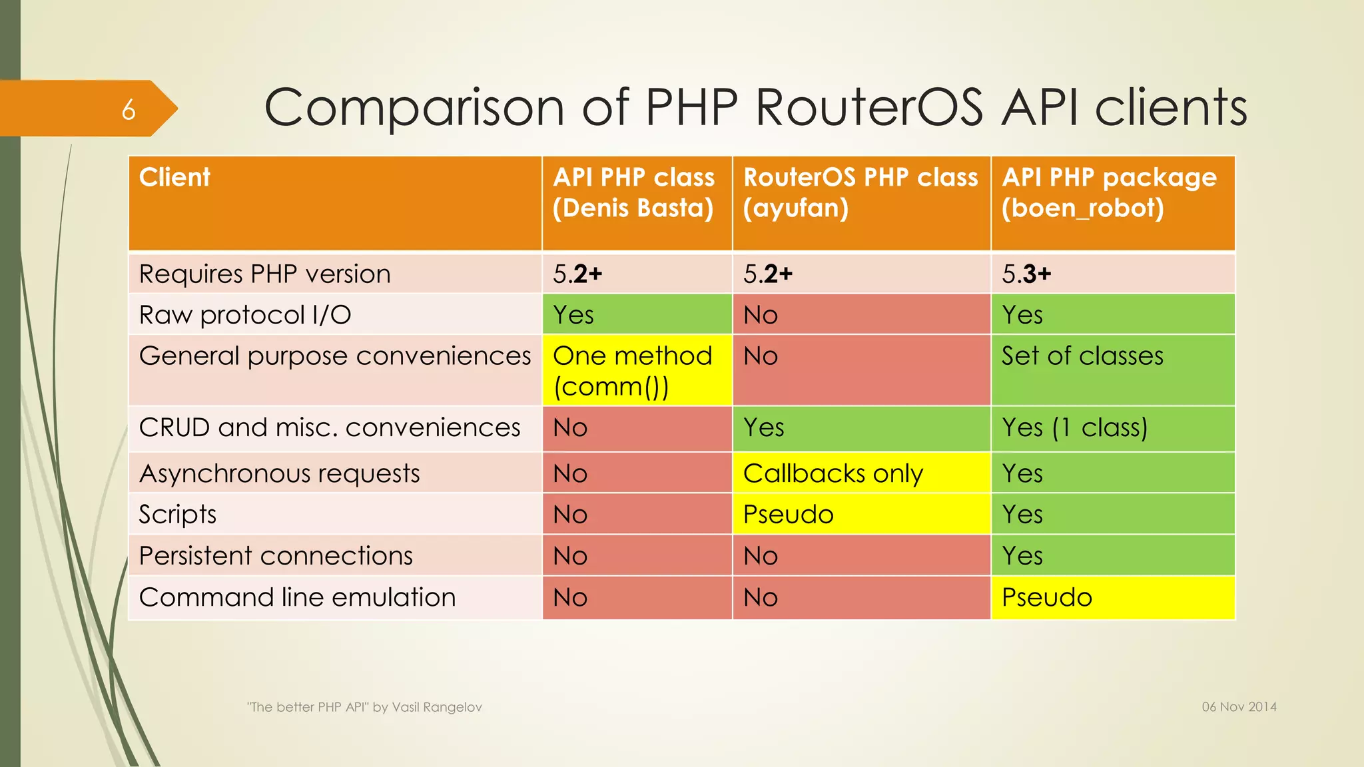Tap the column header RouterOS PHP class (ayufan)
860,193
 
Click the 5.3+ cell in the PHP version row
1026,274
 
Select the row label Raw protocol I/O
244,315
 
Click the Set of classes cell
1082,356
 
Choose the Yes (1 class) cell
1074,427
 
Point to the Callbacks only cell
833,473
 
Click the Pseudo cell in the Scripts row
789,515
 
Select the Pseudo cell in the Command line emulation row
1047,597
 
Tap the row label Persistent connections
276,556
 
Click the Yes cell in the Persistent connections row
1022,556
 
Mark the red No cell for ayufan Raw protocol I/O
761,315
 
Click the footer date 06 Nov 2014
1239,707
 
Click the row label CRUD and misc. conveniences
330,427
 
